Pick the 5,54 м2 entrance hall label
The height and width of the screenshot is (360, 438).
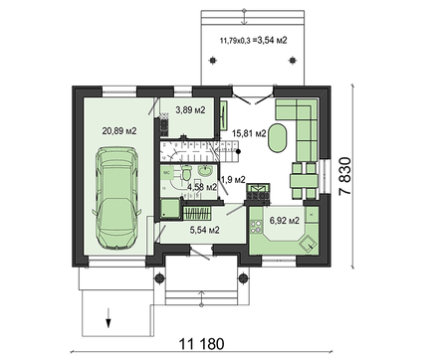[x=204, y=230]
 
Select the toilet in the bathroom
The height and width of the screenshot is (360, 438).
[x=186, y=173]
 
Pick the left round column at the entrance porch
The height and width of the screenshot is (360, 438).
[x=166, y=270]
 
